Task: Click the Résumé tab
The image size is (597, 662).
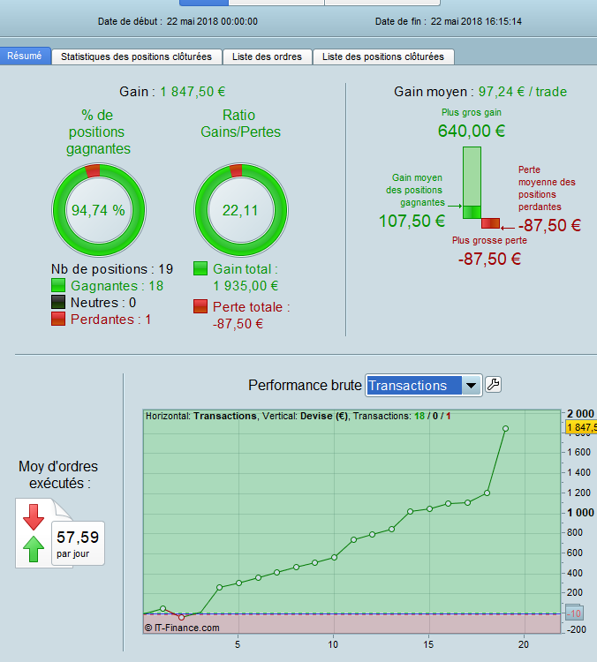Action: click(25, 56)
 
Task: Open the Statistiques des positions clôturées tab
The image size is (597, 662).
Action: click(137, 57)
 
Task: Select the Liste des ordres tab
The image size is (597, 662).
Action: click(267, 57)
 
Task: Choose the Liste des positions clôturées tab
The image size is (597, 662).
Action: click(383, 57)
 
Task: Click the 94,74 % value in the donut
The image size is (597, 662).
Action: click(98, 210)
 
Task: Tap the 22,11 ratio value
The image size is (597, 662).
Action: click(240, 210)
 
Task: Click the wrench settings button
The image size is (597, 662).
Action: click(493, 385)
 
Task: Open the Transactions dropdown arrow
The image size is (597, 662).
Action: click(471, 385)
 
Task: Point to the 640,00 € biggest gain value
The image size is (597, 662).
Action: click(472, 131)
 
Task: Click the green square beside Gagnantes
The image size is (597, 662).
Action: click(58, 285)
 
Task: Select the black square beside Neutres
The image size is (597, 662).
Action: click(58, 302)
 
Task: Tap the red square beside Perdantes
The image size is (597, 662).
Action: click(58, 319)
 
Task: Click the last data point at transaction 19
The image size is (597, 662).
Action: click(505, 428)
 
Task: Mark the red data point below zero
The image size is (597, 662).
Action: click(182, 617)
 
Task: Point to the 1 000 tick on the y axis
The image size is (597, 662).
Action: click(580, 513)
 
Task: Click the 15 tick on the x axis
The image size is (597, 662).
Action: click(428, 644)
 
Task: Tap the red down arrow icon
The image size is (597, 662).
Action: click(34, 516)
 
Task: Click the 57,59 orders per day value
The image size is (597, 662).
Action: click(78, 538)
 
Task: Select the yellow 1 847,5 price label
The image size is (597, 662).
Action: click(581, 428)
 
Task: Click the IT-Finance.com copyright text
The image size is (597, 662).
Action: click(182, 628)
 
